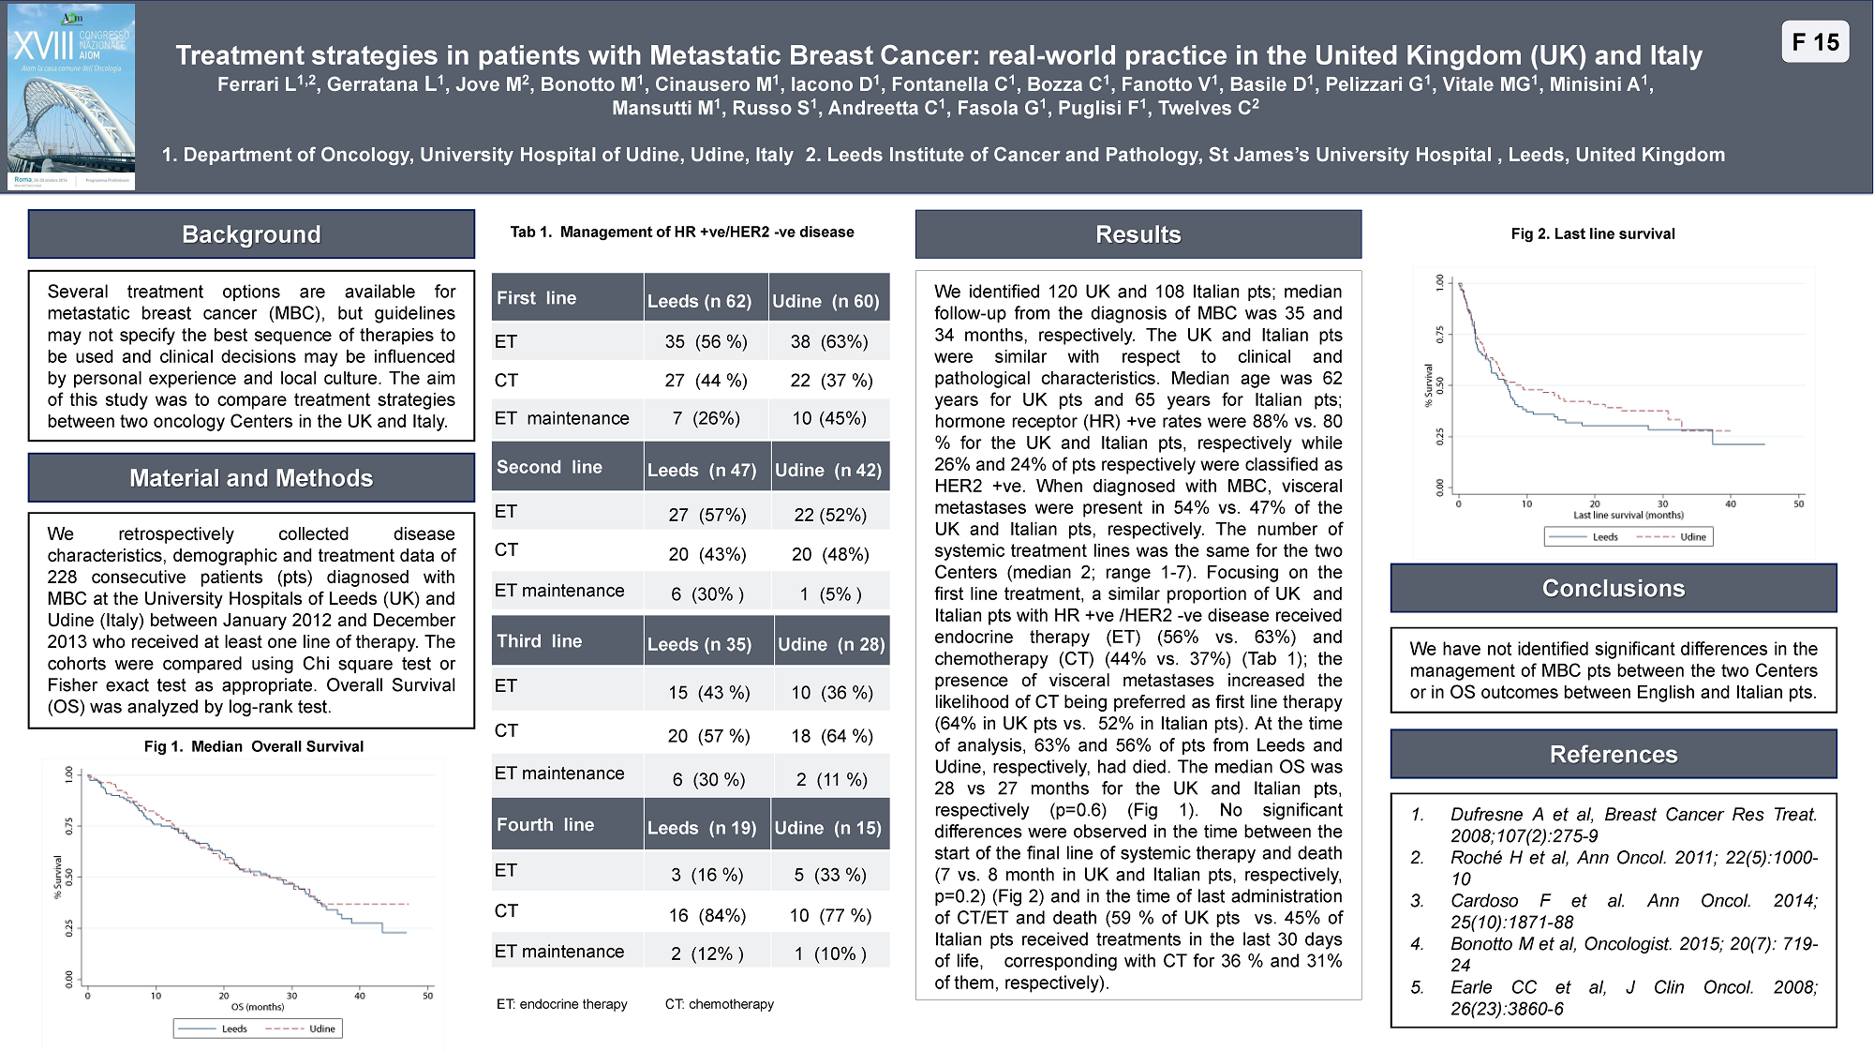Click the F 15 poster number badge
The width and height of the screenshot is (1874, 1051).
[1815, 42]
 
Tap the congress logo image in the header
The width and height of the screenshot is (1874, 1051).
[71, 97]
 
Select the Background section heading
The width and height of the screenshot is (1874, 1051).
[251, 234]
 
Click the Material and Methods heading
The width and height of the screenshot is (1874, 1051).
[251, 478]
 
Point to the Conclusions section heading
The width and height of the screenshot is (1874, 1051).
[1614, 588]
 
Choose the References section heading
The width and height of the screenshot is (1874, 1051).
[1614, 754]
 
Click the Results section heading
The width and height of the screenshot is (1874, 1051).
[1138, 234]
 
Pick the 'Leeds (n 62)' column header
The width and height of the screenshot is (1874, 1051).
[699, 301]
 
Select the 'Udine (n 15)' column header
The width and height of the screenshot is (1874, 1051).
[827, 828]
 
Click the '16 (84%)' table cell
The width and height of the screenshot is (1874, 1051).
[707, 915]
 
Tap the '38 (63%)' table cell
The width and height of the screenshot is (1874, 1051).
[828, 341]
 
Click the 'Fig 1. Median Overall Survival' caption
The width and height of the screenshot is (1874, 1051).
[253, 746]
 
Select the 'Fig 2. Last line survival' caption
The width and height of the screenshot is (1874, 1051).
[1593, 233]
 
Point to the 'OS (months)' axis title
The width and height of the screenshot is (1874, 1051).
[258, 1007]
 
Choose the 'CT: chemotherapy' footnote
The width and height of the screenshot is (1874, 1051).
[719, 1004]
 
